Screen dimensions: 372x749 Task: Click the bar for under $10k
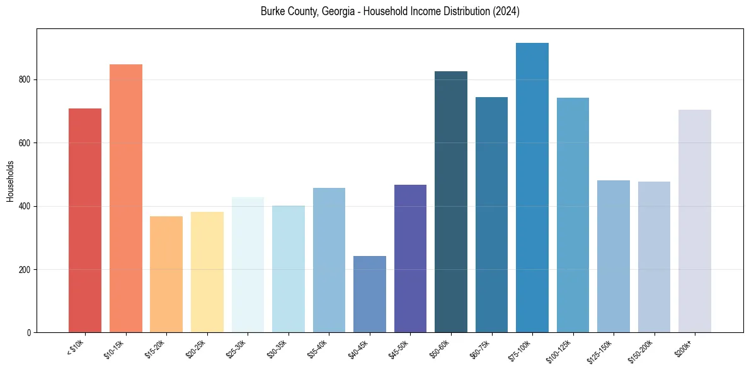(84, 221)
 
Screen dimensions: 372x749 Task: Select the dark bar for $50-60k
(451, 202)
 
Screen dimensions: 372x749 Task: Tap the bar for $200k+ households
(695, 221)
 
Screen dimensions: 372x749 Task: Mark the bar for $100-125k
(573, 215)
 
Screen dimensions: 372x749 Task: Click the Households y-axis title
(10, 181)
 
